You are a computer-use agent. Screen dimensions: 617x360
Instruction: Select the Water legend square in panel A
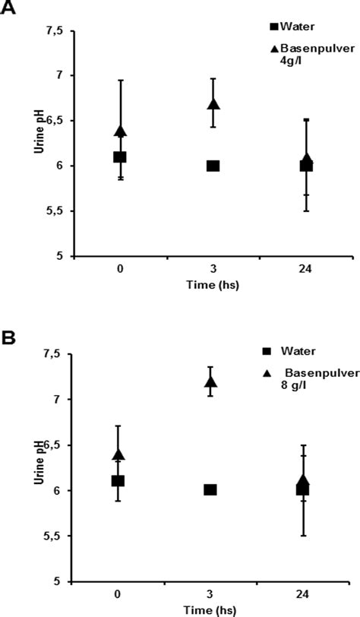tap(274, 27)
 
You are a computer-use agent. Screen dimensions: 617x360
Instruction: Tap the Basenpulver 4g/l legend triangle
tap(274, 49)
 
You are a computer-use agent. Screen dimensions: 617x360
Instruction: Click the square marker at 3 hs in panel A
tap(213, 166)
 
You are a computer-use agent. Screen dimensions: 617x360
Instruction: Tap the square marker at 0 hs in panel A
tap(119, 157)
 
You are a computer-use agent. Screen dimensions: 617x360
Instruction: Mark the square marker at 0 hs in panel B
tap(118, 481)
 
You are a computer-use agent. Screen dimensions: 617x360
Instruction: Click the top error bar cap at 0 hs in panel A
tap(120, 80)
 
